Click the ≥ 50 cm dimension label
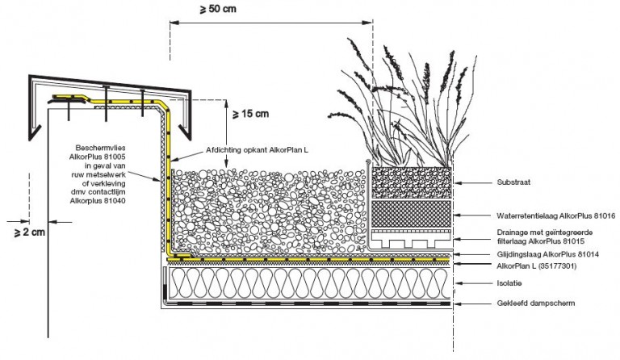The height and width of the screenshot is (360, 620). pos(218,9)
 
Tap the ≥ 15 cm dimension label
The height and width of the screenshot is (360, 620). pos(251,114)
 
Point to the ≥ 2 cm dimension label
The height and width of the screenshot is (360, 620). pos(30,232)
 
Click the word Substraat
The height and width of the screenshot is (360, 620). pos(513,182)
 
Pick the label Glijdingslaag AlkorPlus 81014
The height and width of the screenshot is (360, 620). pos(547,254)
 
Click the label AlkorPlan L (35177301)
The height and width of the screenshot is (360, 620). pos(537,266)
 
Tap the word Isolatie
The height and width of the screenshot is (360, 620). pos(509,283)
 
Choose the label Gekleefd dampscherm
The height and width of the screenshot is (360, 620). pos(536,303)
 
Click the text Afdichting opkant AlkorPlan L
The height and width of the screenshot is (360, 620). pos(257,150)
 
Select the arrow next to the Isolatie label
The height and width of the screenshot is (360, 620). pos(472,283)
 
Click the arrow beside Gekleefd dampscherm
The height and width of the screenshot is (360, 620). pos(471,303)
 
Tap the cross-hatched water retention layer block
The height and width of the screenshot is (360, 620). pos(412,214)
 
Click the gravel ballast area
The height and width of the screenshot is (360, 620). pos(269,211)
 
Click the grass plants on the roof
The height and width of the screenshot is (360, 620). pos(404,105)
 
